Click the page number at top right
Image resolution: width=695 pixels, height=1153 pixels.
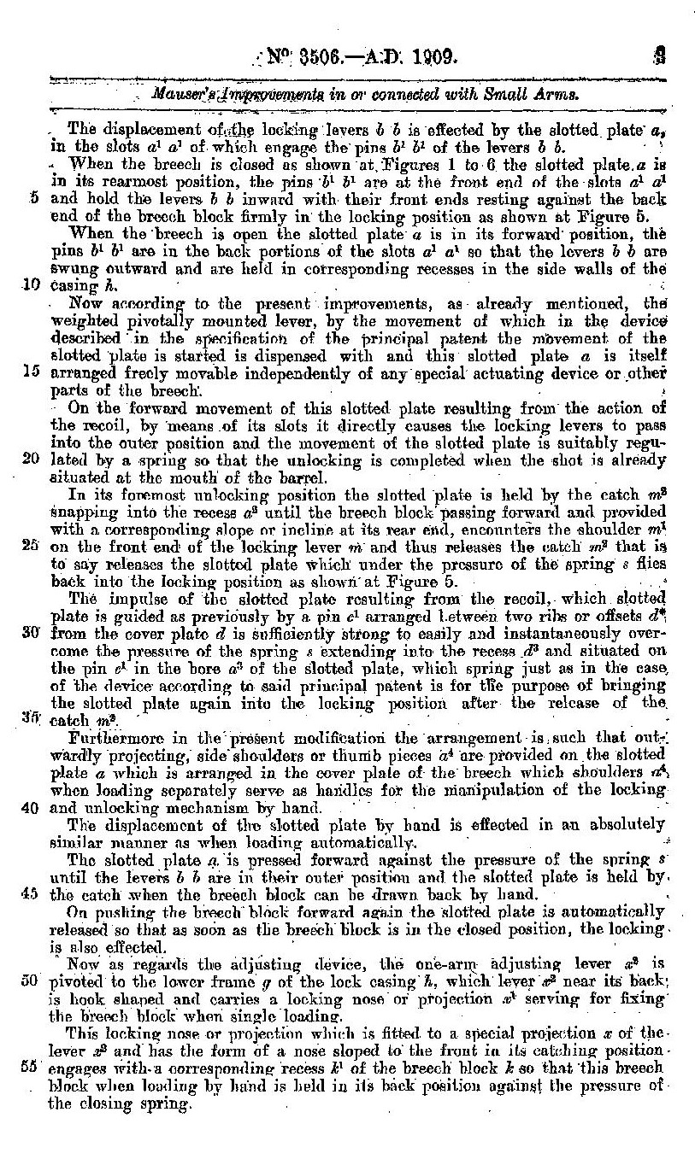coord(658,58)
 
